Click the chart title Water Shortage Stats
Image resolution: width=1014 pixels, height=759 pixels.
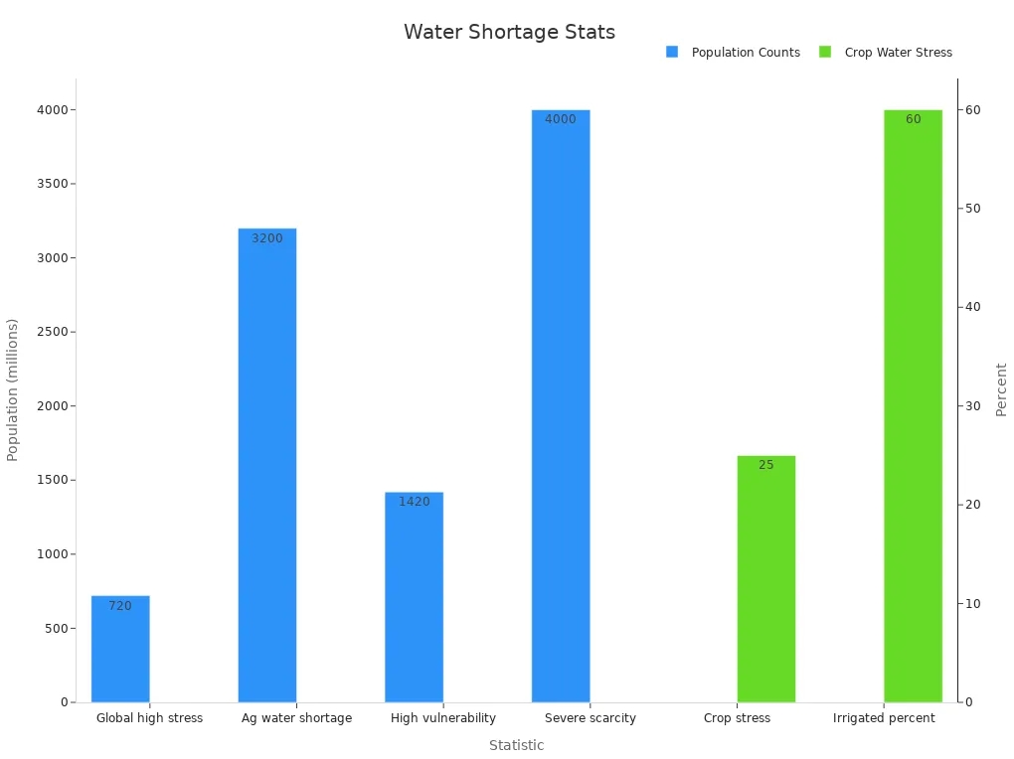pos(509,32)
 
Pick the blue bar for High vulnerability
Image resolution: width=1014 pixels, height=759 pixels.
pos(415,596)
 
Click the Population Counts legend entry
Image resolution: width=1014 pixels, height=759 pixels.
pos(734,53)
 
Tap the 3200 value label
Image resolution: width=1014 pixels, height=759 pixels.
pos(267,238)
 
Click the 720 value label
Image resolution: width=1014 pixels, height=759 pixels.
pos(120,606)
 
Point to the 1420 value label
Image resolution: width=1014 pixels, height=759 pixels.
pos(415,502)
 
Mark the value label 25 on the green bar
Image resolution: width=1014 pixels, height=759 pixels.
pos(766,465)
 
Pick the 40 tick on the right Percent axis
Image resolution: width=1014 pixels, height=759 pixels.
pos(973,307)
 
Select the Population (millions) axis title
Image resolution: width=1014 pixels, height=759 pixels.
pos(13,389)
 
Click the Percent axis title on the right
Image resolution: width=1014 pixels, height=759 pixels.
pos(1001,389)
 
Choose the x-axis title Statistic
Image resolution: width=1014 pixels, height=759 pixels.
pos(516,745)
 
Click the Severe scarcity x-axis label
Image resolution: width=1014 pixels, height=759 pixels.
pos(591,718)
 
